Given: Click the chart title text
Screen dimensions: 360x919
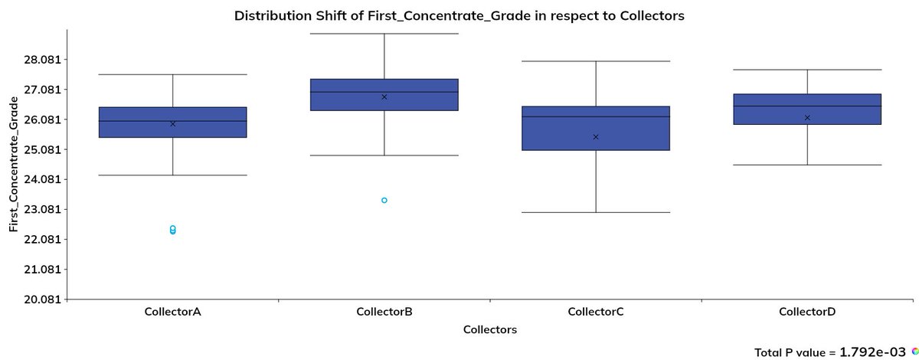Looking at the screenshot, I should point(459,15).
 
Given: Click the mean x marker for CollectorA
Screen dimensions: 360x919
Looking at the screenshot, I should point(172,123).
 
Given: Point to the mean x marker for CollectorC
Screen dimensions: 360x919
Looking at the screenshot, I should point(596,136).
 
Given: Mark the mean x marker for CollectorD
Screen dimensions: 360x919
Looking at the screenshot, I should point(807,117).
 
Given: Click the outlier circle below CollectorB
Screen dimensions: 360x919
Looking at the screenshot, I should point(384,200).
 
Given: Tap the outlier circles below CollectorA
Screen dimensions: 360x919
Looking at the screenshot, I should point(172,229).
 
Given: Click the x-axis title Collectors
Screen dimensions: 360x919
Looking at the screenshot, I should point(490,330).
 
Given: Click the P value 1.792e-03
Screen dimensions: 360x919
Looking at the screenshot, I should point(874,352).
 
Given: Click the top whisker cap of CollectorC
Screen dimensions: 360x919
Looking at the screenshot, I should point(596,61).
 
